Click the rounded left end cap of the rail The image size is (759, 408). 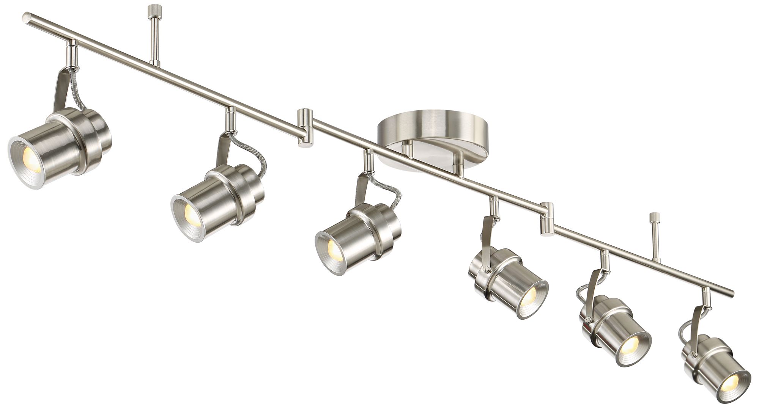pyautogui.click(x=27, y=17)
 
